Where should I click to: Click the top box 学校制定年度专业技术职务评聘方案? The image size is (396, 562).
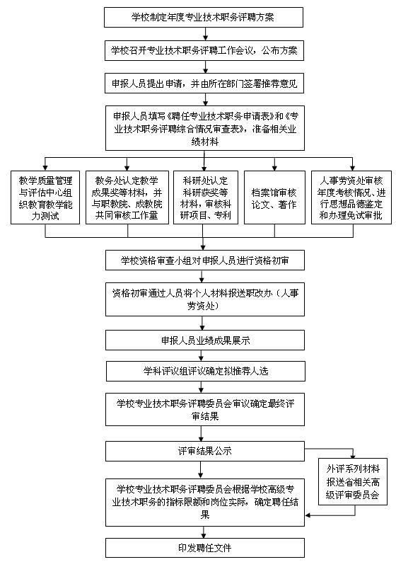coord(204,17)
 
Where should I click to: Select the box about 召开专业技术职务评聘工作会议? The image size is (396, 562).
coord(204,50)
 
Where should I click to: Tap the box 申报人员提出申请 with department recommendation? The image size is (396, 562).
coord(204,83)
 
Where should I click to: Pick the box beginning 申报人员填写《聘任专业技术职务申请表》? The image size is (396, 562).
coord(205,128)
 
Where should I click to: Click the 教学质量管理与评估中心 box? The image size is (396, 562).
coord(45,197)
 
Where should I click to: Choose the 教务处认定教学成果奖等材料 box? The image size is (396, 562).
coord(127,197)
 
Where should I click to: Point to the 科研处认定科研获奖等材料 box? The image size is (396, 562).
coord(206,197)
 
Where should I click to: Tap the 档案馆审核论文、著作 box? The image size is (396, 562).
coord(274,197)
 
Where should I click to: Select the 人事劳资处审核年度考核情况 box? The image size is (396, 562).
coord(351,197)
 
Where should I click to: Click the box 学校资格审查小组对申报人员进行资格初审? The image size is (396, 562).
coord(205,260)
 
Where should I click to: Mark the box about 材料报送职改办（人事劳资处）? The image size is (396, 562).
coord(205,299)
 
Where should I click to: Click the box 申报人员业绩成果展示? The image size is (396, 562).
coord(205,340)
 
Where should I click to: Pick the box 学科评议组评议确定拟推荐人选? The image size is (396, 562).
coord(206,371)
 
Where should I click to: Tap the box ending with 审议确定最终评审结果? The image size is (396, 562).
coord(205,409)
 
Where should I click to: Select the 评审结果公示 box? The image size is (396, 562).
coord(205,452)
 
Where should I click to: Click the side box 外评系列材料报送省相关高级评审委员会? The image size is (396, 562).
coord(353,482)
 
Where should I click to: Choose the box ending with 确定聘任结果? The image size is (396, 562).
coord(205,502)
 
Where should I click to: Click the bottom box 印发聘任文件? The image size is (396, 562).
coord(205,548)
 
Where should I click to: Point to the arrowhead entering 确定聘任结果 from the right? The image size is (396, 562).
coord(308,515)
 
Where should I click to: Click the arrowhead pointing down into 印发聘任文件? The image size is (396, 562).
coord(204,535)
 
